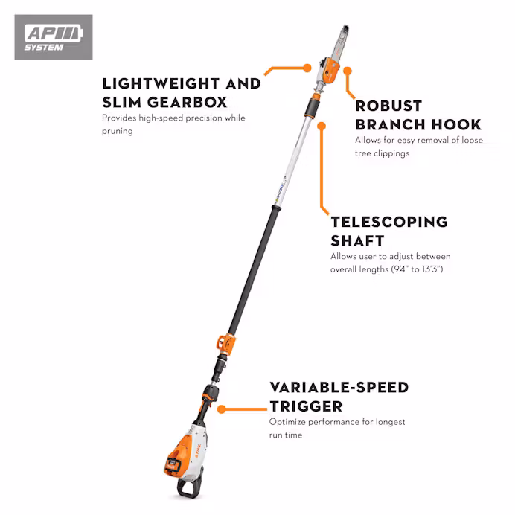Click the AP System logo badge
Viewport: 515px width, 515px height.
click(54, 37)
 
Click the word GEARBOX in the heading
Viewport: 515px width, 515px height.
click(187, 102)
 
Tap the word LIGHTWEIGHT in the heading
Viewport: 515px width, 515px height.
click(161, 83)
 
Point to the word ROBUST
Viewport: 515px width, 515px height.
click(388, 106)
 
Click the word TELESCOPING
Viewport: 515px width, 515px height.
click(389, 222)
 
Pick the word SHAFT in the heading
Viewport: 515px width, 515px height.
click(357, 240)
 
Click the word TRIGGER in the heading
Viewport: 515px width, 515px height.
click(306, 406)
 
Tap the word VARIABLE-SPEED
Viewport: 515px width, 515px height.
click(339, 388)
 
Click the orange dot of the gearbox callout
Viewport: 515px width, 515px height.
click(307, 68)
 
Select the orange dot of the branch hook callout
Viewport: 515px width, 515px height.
click(348, 71)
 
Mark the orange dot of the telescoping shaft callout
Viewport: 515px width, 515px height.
click(322, 126)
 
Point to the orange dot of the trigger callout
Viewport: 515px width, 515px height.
click(222, 409)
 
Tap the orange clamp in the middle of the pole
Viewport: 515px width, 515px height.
click(226, 344)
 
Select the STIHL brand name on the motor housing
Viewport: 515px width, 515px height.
click(198, 450)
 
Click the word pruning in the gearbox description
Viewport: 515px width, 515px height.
click(118, 132)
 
